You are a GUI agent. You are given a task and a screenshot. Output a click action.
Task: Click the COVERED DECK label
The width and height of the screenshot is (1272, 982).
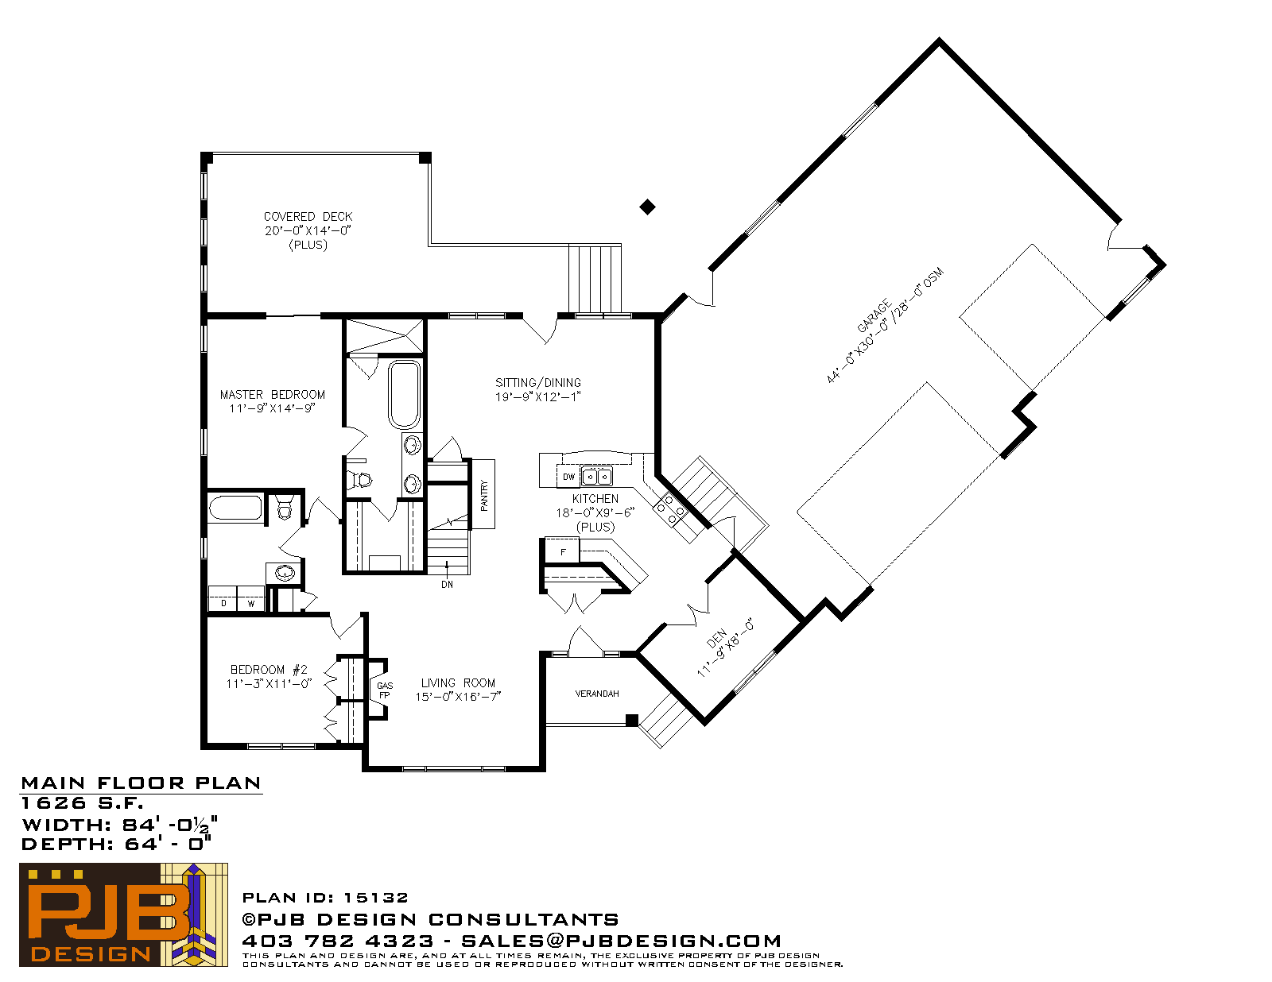tap(308, 216)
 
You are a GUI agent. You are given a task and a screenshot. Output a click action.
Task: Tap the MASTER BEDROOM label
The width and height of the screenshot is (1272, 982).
tap(272, 395)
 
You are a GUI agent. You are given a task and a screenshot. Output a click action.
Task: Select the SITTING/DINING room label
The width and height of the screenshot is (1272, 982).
tap(538, 382)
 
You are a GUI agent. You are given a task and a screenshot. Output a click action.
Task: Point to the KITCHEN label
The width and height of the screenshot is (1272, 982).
tap(595, 498)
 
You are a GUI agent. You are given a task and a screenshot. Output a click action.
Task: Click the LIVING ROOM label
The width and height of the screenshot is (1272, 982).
tap(458, 682)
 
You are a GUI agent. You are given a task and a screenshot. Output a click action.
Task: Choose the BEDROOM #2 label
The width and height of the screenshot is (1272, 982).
tap(269, 669)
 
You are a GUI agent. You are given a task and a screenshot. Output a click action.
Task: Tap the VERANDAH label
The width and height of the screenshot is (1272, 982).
tap(596, 694)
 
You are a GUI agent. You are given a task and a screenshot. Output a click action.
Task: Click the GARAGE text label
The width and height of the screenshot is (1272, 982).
tap(874, 316)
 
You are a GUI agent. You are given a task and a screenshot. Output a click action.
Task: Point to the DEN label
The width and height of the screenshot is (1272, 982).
tap(716, 638)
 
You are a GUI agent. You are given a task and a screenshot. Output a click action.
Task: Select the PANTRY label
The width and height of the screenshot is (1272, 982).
tap(484, 496)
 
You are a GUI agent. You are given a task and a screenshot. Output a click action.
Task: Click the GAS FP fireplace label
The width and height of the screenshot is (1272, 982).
tap(385, 690)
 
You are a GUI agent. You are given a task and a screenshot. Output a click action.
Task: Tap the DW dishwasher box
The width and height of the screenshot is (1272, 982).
tap(568, 477)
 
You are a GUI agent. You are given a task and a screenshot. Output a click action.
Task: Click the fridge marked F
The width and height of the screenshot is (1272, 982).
tap(562, 551)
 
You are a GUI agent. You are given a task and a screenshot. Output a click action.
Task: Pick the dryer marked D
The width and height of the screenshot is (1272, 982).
tap(223, 600)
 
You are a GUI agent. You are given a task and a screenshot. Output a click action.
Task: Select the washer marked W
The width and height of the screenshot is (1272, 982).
tap(250, 600)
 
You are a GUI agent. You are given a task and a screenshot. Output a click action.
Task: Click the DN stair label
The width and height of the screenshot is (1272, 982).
tap(448, 584)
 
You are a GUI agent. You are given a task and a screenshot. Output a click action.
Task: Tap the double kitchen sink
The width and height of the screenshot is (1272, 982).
tap(596, 476)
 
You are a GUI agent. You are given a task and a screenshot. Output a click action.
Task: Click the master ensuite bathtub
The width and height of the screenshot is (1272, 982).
tap(404, 395)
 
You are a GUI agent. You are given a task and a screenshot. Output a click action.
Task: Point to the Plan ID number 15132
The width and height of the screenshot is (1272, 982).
tap(376, 898)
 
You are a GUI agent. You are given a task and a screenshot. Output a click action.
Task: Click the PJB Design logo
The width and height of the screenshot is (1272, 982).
tap(123, 914)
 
